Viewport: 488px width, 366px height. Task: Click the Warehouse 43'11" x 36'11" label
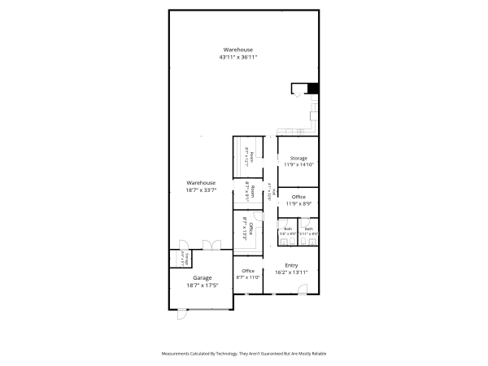click(238, 54)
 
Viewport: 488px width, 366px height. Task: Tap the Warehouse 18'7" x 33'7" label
click(200, 186)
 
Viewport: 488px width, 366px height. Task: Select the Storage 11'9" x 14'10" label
click(298, 160)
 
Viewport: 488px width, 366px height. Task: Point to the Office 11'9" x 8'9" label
click(298, 200)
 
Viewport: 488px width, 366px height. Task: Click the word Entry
click(291, 266)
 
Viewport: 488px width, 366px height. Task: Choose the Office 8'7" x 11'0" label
click(248, 274)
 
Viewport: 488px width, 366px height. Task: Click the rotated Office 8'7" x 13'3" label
click(248, 230)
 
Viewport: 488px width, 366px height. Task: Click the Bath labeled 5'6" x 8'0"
click(288, 231)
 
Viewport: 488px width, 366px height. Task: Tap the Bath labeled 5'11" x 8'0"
click(308, 231)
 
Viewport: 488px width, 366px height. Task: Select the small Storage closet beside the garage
click(185, 259)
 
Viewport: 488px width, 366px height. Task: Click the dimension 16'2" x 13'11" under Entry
click(291, 273)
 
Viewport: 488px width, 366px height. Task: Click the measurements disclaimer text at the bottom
click(244, 354)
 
